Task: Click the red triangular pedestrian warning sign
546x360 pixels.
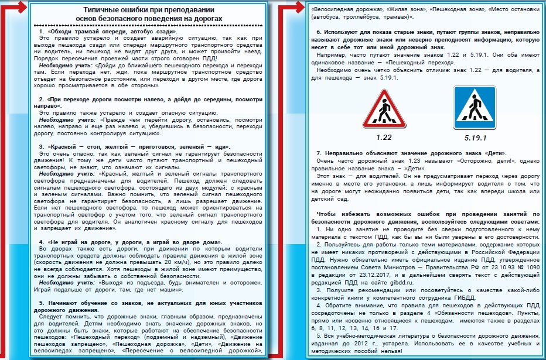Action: coord(384,109)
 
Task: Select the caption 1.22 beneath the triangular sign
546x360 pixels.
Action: coord(384,137)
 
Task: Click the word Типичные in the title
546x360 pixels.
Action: coord(105,10)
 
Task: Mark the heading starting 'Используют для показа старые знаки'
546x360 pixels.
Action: coord(428,31)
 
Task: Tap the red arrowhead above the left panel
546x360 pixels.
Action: coord(22,7)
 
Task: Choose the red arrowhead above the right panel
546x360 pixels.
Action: coord(296,8)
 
